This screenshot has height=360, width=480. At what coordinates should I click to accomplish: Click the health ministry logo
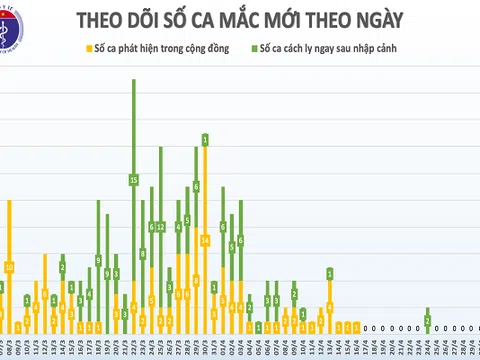click(12, 19)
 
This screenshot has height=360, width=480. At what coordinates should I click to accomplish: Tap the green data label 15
click(133, 180)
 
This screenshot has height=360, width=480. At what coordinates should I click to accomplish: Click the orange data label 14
click(205, 241)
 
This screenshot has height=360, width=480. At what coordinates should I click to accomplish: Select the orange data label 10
click(9, 267)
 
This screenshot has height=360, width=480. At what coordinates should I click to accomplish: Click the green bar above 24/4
click(428, 321)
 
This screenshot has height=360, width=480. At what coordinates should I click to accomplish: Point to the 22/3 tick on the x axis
click(134, 349)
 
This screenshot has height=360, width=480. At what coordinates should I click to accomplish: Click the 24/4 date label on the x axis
click(428, 349)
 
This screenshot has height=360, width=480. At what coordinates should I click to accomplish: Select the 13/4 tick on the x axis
click(330, 349)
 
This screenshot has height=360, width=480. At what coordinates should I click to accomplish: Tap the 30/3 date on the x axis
click(205, 349)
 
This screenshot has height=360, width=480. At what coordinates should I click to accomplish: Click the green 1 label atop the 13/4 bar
click(330, 272)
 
